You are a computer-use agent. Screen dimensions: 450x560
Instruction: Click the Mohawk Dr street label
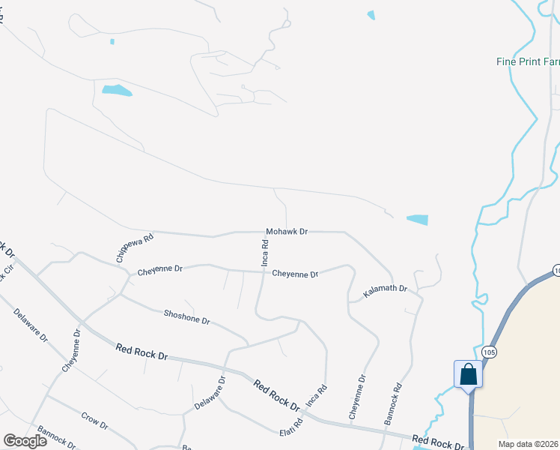tap(287, 232)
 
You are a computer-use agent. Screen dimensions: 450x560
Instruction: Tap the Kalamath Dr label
tap(385, 289)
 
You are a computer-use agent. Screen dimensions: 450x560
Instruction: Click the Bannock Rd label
tap(393, 404)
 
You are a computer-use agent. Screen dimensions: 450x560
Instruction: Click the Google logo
tap(25, 441)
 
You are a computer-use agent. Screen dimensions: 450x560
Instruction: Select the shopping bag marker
tap(468, 373)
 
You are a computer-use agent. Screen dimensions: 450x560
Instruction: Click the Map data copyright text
tap(528, 444)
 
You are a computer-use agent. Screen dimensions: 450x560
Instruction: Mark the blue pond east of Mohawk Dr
tap(418, 220)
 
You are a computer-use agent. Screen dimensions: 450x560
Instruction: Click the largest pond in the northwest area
tap(117, 91)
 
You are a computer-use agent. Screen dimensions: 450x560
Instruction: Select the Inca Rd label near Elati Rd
tap(318, 395)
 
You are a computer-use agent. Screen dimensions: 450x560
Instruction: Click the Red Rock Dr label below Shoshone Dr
tap(141, 350)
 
